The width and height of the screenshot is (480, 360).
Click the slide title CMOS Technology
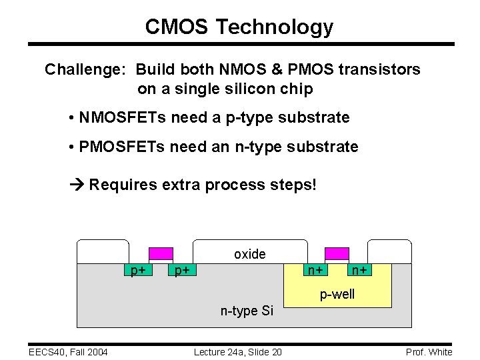pos(239,27)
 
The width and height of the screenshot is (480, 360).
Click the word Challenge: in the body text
pos(86,69)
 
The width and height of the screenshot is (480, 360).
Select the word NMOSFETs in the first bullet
pos(122,118)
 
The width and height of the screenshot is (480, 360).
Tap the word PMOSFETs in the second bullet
pos(122,147)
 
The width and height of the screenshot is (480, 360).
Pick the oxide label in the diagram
pos(249,254)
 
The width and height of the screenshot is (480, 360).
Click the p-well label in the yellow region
pos(337,294)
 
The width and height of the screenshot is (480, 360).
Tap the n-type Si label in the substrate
pos(247,310)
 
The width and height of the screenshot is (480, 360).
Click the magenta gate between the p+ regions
pos(160,253)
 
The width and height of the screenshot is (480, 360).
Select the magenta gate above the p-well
pos(336,253)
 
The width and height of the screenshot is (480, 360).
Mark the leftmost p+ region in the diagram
pos(138,270)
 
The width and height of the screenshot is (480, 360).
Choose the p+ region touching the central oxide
pos(181,270)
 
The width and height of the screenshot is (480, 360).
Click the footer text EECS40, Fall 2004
pos(69,352)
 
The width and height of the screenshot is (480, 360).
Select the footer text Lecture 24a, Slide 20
pos(237,352)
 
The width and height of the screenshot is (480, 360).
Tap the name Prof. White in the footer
pos(428,352)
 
